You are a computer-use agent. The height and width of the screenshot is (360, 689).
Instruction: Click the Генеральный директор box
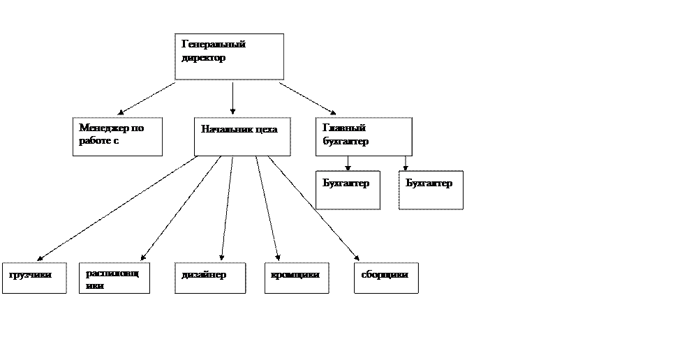(x=229, y=57)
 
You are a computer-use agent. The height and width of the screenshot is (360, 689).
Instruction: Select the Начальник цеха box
(x=242, y=137)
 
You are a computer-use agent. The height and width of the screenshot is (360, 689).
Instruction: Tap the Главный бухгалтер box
(x=363, y=137)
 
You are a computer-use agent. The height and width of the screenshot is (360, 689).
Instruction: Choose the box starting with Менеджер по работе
(x=117, y=137)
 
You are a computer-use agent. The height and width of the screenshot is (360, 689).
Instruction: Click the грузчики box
(x=34, y=278)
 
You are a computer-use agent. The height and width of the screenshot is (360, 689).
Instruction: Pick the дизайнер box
(x=209, y=278)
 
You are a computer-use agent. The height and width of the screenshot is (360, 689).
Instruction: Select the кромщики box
(x=296, y=278)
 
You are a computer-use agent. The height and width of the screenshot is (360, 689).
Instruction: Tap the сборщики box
(x=386, y=278)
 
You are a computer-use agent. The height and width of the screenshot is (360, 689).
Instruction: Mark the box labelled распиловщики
(x=114, y=278)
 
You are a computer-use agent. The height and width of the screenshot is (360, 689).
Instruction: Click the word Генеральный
(x=214, y=45)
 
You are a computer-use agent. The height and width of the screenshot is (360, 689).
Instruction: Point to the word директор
(x=204, y=58)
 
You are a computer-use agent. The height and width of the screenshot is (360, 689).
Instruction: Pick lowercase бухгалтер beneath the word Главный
(x=346, y=142)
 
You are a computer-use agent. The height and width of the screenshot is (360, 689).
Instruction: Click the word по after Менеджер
(x=138, y=128)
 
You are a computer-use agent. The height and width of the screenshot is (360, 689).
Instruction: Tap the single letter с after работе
(x=117, y=142)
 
